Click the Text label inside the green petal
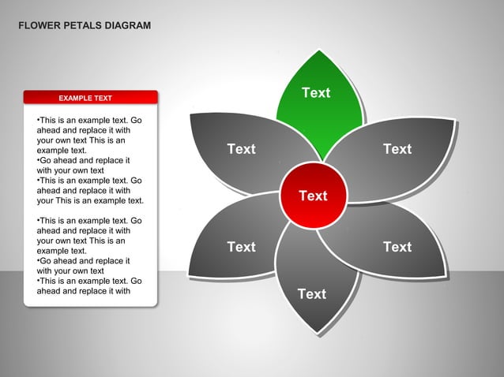[x=315, y=93]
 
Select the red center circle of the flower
[x=313, y=195]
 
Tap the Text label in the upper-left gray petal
[x=241, y=149]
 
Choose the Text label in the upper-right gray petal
[x=397, y=149]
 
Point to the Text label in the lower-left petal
[x=241, y=247]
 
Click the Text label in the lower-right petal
[x=397, y=247]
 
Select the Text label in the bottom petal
[x=311, y=294]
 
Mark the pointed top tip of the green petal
[x=320, y=50]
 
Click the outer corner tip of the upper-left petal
[x=192, y=114]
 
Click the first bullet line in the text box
[x=88, y=120]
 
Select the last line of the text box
[x=83, y=290]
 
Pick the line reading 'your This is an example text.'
[x=90, y=200]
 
